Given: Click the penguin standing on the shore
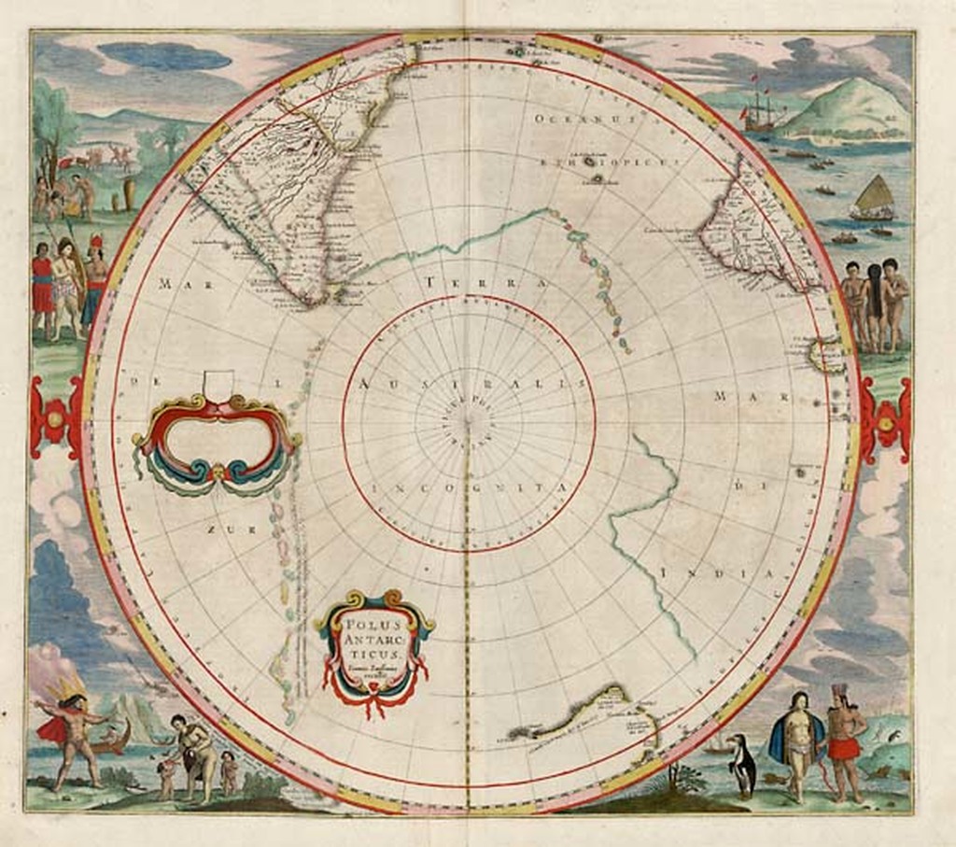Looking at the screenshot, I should pos(742,765).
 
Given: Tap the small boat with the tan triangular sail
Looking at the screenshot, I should pos(874,199).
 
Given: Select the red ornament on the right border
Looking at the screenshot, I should pos(885,419).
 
